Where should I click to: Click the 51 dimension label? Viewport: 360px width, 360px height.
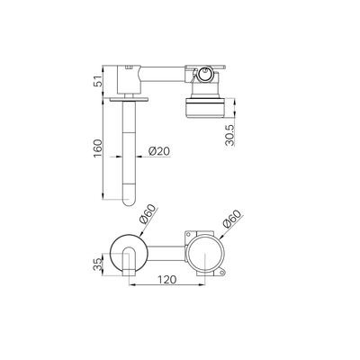97,81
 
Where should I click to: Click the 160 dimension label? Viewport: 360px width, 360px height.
98,149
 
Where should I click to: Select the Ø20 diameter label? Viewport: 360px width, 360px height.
159,151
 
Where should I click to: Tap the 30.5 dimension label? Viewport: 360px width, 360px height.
230,135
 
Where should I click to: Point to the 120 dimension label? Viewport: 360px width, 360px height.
166,279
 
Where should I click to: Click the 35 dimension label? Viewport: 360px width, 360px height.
98,265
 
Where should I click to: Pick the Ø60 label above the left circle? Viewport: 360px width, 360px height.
148,214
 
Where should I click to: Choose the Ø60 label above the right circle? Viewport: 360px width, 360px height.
232,219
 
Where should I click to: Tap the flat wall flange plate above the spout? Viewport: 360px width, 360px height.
129,99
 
